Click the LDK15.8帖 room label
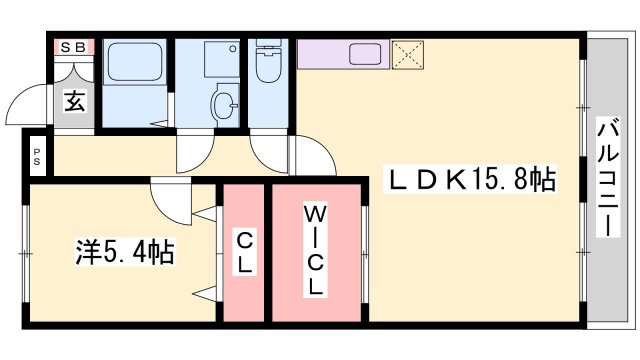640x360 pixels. [471, 181]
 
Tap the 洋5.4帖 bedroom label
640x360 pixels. [126, 252]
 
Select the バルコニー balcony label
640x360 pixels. [607, 177]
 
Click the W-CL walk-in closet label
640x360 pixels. [314, 250]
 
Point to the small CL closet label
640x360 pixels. [244, 252]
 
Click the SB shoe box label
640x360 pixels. [74, 47]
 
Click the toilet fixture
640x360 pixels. [267, 62]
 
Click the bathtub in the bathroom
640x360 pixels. [134, 63]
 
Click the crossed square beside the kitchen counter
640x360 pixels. [407, 52]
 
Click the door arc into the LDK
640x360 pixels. [318, 158]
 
